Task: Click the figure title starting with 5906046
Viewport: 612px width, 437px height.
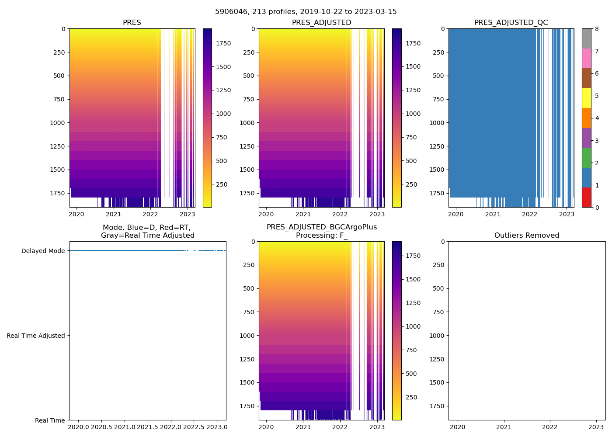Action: (x=306, y=12)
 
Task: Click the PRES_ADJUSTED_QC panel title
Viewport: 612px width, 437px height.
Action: (x=511, y=23)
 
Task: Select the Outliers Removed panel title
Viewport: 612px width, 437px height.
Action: (x=527, y=236)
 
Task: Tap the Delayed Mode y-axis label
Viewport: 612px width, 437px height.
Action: (x=43, y=251)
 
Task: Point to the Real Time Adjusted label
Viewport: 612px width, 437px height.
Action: (x=36, y=336)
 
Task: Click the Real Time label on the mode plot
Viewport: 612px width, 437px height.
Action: (x=50, y=420)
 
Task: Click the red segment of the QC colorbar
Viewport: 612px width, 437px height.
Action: (x=586, y=197)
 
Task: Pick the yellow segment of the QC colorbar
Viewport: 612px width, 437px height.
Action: (x=586, y=98)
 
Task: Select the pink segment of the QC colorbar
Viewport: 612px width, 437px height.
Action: (x=586, y=58)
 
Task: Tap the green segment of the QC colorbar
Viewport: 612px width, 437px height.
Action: (x=586, y=157)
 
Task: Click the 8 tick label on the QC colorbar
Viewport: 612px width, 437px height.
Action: (x=597, y=29)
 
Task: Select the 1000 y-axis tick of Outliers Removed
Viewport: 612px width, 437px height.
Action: (x=437, y=336)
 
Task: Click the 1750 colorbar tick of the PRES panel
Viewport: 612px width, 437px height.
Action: (x=223, y=43)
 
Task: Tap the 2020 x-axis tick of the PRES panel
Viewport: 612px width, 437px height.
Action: (x=76, y=214)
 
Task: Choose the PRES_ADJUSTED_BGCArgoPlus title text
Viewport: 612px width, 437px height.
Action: (x=322, y=227)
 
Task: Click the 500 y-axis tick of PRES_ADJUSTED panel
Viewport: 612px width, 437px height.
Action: (x=247, y=76)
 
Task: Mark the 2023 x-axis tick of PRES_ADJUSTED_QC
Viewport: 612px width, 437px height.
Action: (x=567, y=214)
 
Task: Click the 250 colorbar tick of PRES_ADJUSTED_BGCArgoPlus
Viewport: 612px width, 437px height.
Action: (x=411, y=397)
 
